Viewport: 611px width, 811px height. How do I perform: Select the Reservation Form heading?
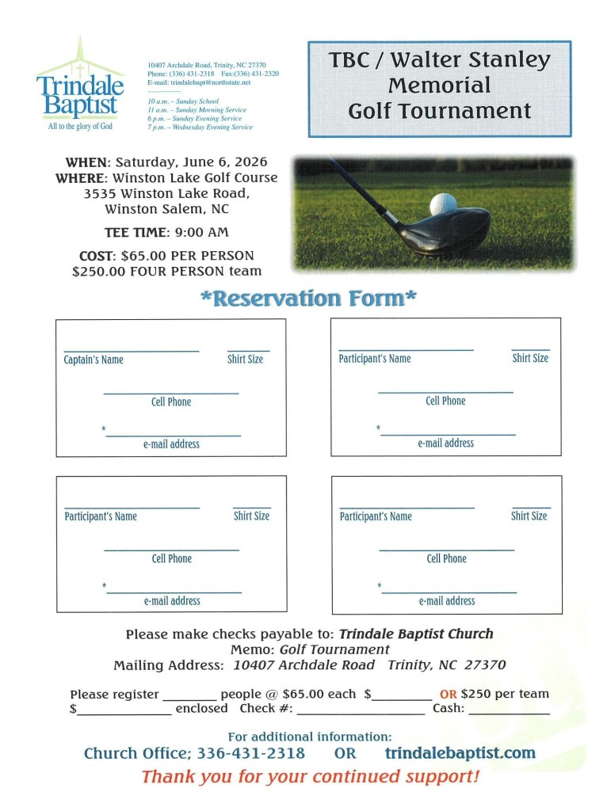tap(308, 299)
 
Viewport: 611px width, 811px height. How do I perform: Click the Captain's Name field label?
tap(94, 360)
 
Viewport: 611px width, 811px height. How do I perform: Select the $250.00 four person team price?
tap(166, 272)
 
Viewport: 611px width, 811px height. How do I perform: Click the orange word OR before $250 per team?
tap(448, 695)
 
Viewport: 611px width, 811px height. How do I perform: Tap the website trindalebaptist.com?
tap(460, 752)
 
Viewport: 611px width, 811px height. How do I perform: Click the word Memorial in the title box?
tap(439, 85)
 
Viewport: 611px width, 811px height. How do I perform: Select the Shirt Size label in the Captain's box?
tap(245, 360)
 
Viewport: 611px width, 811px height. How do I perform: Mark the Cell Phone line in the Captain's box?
tap(170, 393)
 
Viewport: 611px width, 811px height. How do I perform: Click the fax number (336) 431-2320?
tap(250, 74)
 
